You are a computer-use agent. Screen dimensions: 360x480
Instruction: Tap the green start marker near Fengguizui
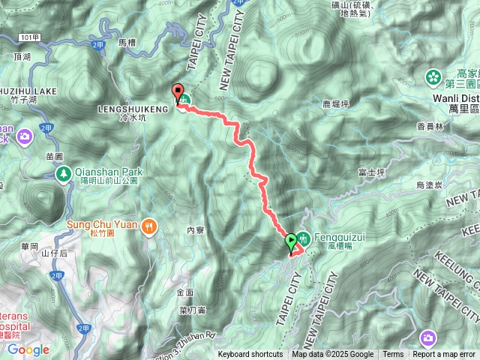coord(291,241)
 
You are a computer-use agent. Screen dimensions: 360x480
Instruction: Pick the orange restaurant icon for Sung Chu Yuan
coord(150,224)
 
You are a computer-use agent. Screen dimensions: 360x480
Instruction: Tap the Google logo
coord(28,349)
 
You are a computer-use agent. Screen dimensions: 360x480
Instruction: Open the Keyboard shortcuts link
coord(250,355)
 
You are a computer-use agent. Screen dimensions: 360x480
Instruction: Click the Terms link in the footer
coord(393,355)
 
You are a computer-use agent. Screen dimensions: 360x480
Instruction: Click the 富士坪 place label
coord(372,172)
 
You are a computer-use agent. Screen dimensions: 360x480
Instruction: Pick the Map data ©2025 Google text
coord(333,355)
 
